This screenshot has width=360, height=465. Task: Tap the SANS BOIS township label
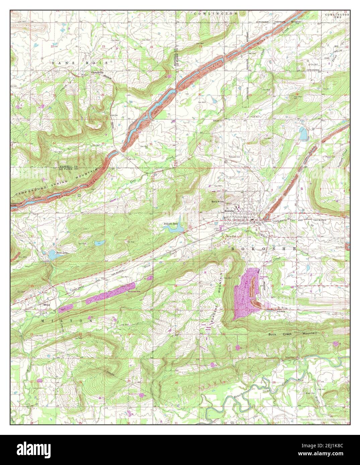80,63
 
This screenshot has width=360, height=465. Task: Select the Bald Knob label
217,202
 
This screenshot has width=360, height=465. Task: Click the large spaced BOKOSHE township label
264,249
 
